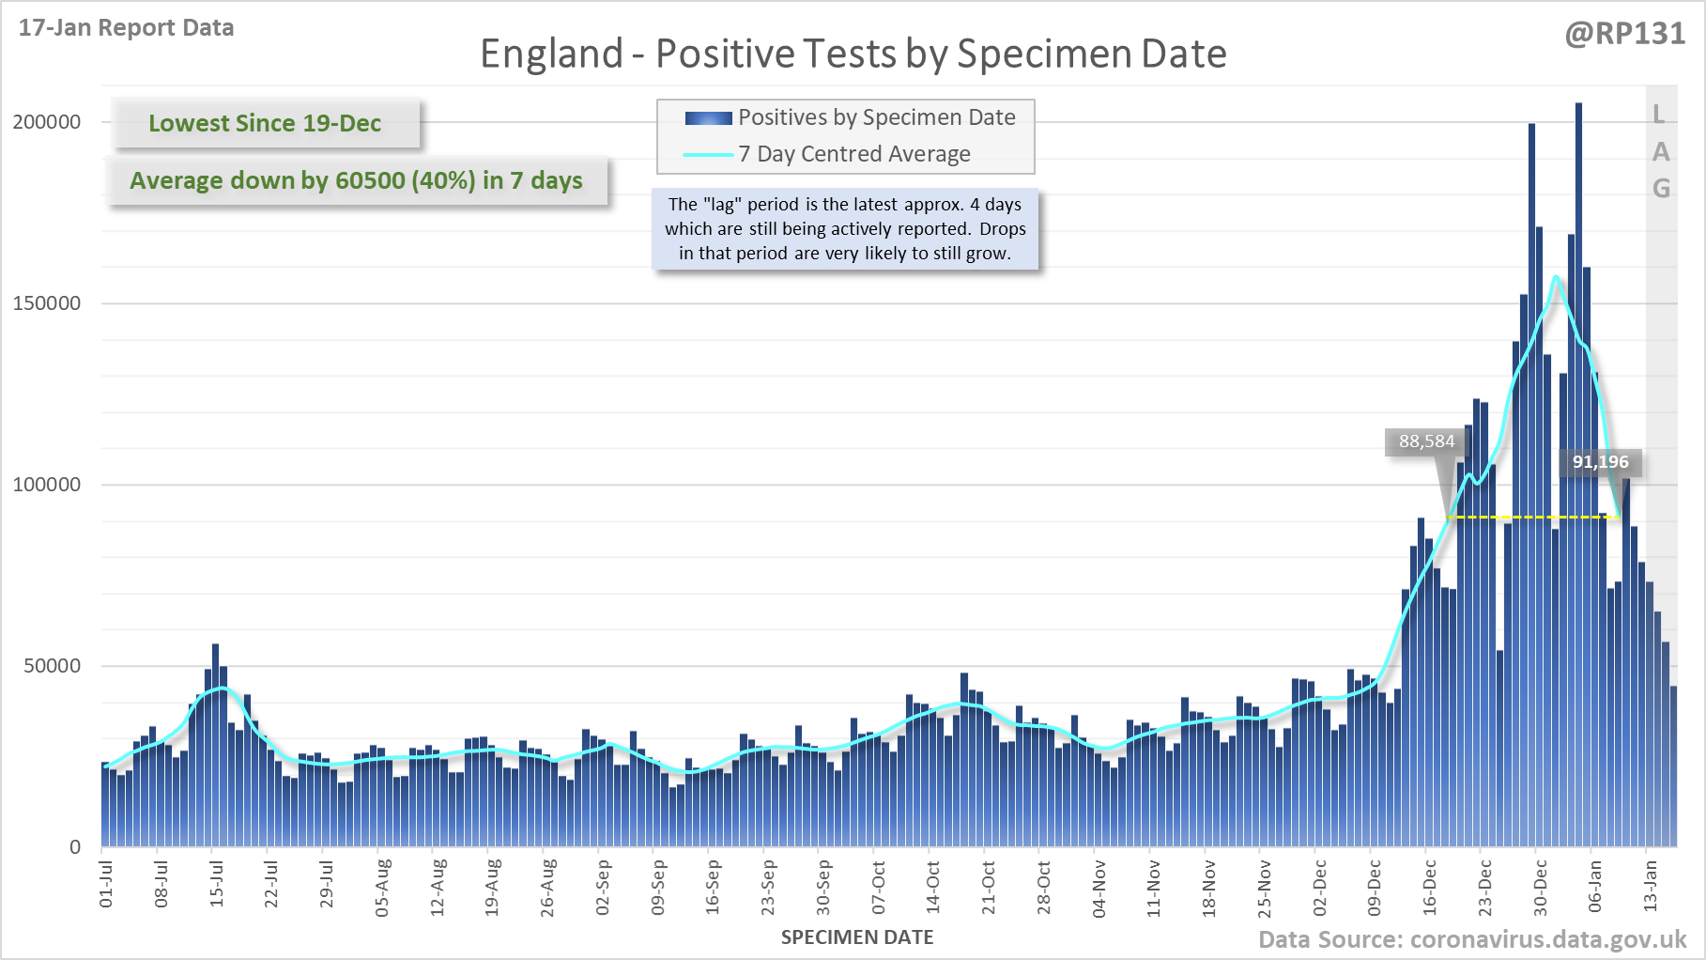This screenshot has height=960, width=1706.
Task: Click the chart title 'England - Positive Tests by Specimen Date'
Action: click(853, 54)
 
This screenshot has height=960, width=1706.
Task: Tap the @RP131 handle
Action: click(1624, 34)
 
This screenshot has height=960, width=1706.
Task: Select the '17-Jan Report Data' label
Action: click(126, 28)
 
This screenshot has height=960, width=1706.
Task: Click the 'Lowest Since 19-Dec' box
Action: click(265, 123)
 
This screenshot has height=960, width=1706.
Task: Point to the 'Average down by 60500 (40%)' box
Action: click(356, 180)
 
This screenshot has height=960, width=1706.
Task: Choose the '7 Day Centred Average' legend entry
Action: click(853, 154)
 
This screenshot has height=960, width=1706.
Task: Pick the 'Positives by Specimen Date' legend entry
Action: click(876, 117)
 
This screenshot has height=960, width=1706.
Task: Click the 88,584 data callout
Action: click(1426, 441)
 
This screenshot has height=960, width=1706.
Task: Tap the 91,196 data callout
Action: click(1600, 462)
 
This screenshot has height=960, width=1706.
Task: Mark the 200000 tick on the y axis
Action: click(47, 122)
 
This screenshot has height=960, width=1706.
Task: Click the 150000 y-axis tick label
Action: click(47, 303)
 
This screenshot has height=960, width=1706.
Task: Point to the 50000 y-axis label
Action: click(53, 666)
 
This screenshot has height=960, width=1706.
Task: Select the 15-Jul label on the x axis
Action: click(217, 883)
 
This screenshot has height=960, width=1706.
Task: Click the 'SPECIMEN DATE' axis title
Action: click(856, 937)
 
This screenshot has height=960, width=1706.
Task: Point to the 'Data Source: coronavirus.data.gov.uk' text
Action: click(1471, 940)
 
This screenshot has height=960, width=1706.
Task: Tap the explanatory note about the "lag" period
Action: click(845, 229)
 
